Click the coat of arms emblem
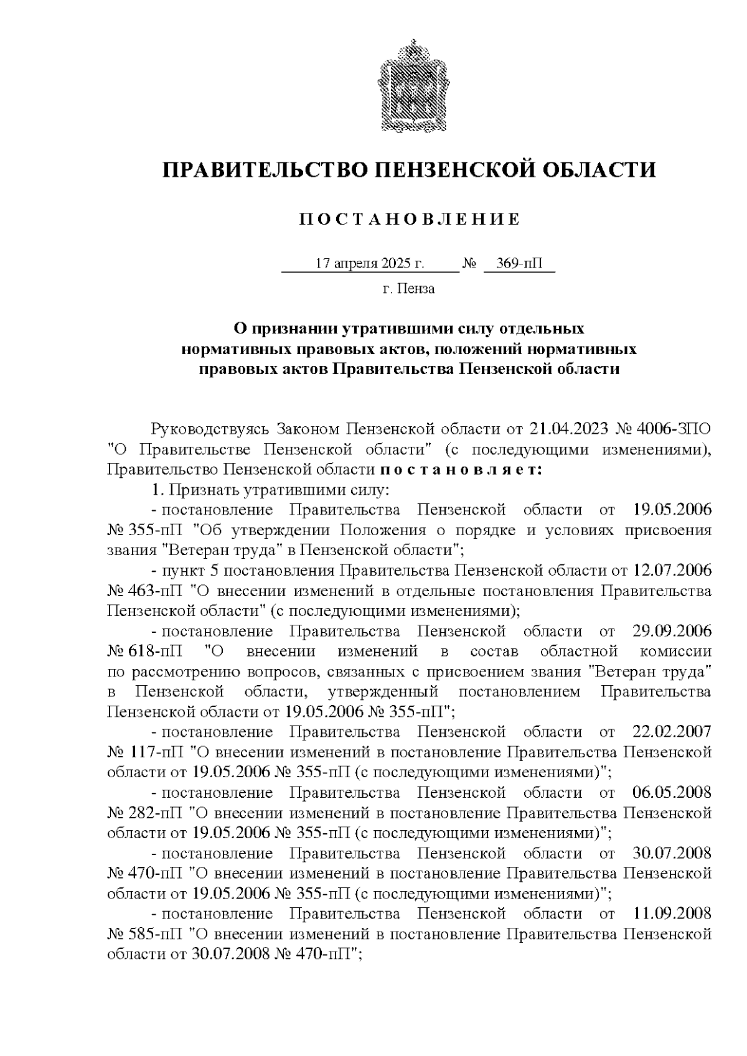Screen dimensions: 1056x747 click(409, 85)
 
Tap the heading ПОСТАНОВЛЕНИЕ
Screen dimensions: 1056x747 click(409, 220)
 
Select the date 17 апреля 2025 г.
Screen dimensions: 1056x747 click(369, 264)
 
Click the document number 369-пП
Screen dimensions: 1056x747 click(519, 264)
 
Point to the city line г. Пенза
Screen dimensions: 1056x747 click(408, 289)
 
